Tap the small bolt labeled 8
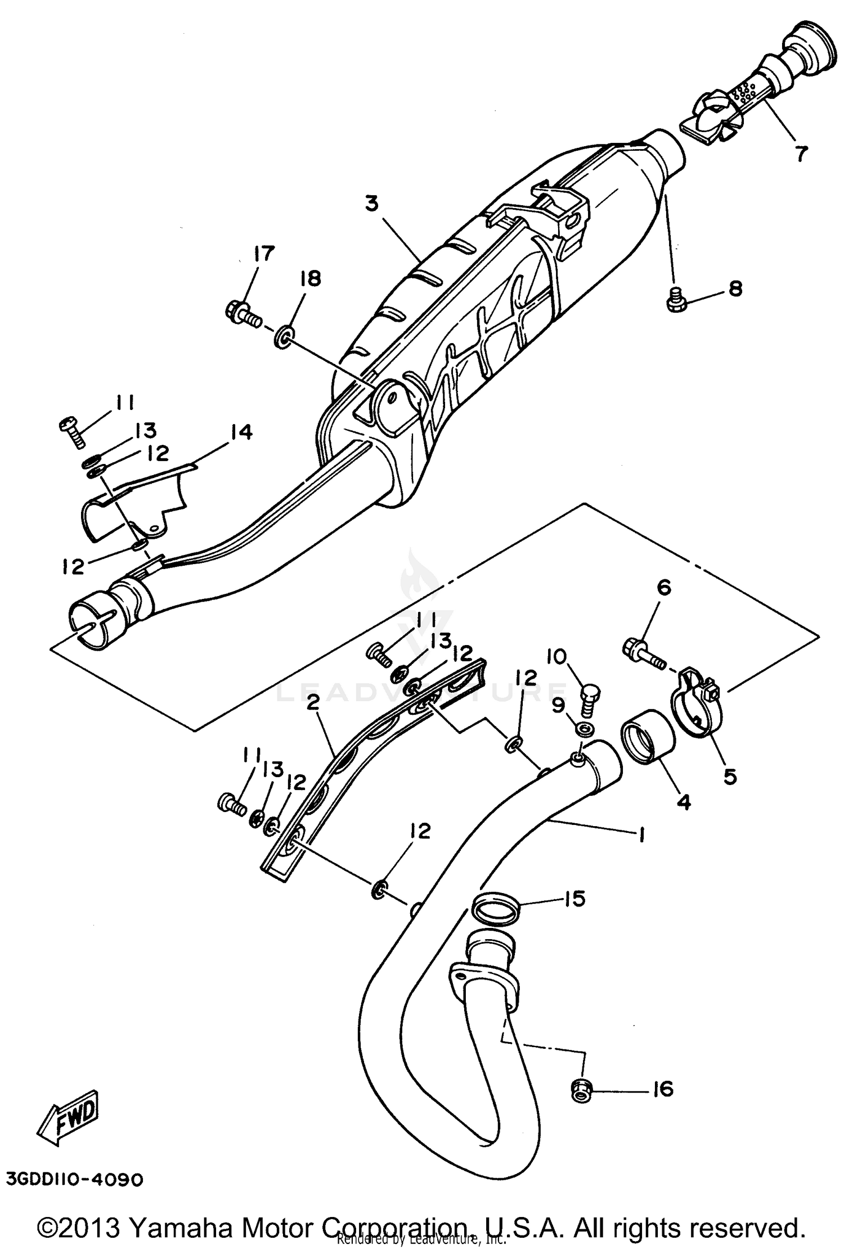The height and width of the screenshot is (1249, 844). click(675, 301)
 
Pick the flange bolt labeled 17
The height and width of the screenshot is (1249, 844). click(242, 313)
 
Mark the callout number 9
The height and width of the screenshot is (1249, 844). click(558, 705)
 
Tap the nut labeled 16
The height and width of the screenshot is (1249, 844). click(580, 1091)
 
